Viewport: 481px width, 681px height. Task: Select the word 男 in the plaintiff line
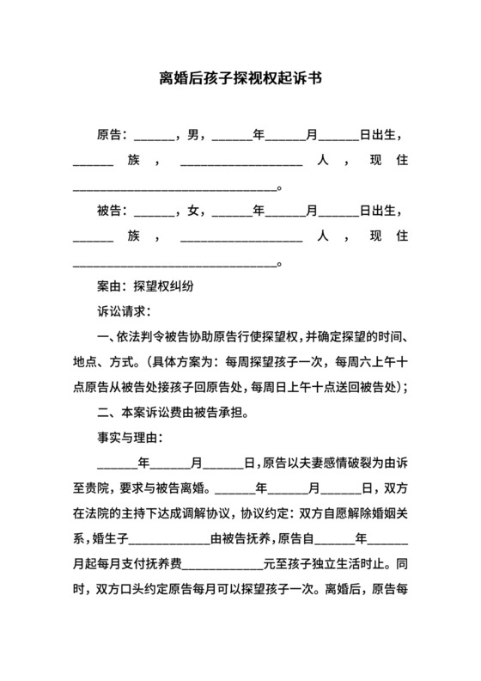(193, 135)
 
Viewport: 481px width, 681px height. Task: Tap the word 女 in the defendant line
(193, 210)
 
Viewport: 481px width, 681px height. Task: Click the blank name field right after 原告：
(154, 137)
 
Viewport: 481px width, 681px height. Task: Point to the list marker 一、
(106, 336)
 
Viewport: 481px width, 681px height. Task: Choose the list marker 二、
(106, 411)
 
